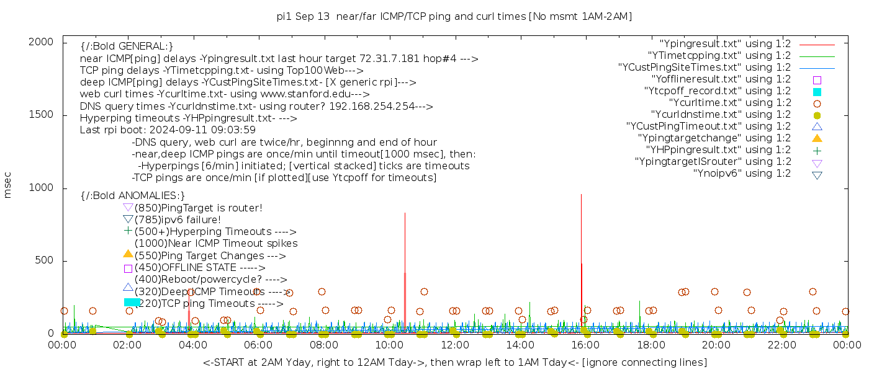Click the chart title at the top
point(454,16)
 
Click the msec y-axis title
point(8,187)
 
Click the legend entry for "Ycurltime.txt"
point(730,103)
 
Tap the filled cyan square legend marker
point(817,92)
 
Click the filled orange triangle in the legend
point(817,138)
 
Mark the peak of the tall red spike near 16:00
point(581,195)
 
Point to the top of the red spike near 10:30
point(405,213)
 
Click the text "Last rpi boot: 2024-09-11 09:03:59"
point(168,130)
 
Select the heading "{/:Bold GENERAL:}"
point(127,46)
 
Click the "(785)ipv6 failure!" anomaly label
point(178,220)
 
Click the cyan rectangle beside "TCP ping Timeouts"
point(132,302)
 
